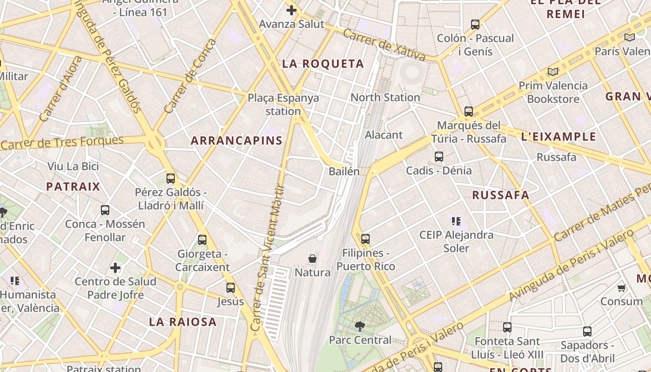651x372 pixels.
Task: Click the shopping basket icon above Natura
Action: point(312,258)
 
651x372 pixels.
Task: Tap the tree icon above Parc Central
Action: point(359,326)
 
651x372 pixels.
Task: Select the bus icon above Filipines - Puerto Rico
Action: point(365,239)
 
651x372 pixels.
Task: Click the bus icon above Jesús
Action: point(231,287)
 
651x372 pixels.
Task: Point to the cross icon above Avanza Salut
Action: point(292,10)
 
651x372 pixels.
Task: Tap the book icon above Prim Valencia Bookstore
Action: point(552,72)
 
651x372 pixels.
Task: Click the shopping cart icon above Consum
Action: point(622,288)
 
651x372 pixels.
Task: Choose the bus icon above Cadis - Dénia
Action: point(439,157)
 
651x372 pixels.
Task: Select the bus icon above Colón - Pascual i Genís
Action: point(475,24)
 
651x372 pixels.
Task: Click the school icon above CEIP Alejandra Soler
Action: point(456,221)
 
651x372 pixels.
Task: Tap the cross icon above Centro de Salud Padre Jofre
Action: point(115,268)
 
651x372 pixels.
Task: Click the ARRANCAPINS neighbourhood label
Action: point(237,140)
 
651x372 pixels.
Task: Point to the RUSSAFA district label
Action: point(501,195)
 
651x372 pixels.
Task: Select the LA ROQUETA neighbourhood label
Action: point(323,64)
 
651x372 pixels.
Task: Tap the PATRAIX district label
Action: point(73,187)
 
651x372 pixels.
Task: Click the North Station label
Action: point(385,97)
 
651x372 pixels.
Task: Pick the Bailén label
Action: point(344,171)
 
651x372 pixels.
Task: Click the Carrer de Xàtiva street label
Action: point(384,45)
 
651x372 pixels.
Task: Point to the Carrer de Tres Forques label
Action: point(62,143)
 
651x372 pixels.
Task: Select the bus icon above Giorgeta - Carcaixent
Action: point(202,240)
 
